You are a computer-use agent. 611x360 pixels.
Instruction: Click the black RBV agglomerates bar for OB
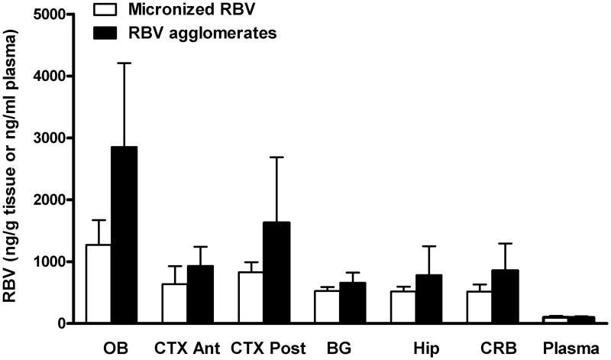point(124,235)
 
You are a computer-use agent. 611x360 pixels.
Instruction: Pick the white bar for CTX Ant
point(175,303)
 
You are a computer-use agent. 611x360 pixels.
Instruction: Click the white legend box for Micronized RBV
point(105,11)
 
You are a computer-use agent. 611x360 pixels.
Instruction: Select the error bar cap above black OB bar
point(124,63)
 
